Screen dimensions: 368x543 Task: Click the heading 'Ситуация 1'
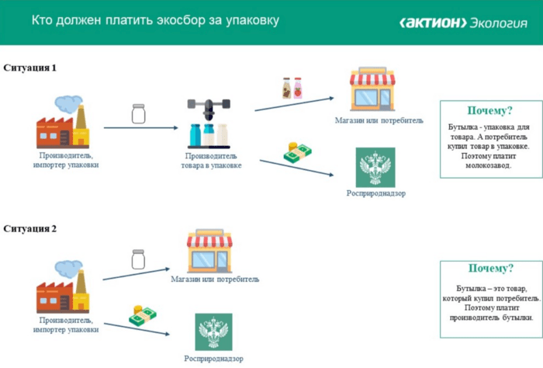(30, 68)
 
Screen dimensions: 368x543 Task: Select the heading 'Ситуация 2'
(30, 229)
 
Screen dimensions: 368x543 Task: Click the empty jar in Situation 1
(140, 114)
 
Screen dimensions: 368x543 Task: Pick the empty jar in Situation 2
(139, 259)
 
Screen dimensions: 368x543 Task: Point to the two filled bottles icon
(292, 88)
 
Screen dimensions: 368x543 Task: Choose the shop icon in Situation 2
(210, 250)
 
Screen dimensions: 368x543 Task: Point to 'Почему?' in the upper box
(489, 111)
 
